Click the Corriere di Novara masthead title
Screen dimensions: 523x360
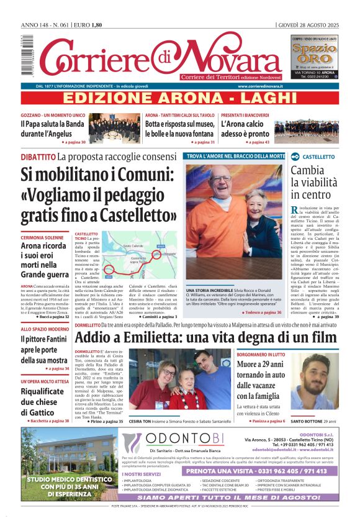155,59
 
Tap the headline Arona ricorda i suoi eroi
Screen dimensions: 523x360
45,261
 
